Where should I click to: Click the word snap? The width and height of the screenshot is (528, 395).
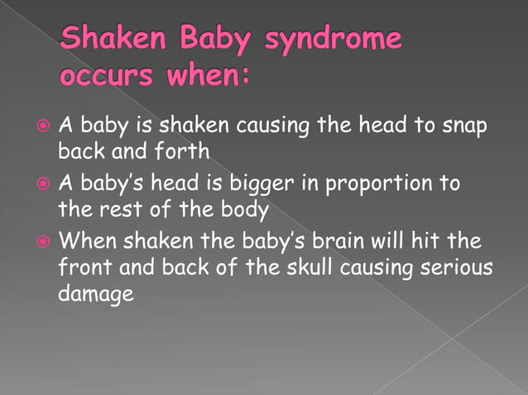[465, 128]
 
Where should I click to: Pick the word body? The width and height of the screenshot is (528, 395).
[241, 209]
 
